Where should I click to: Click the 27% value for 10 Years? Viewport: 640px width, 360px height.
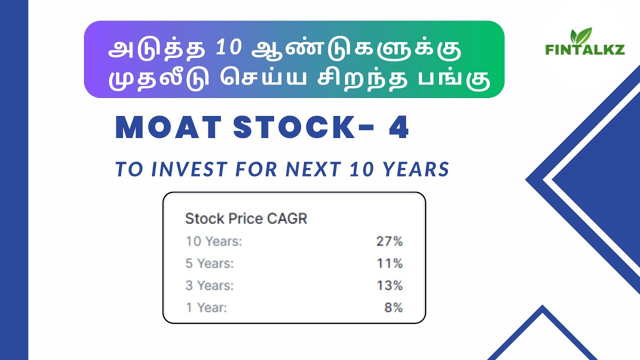[389, 241]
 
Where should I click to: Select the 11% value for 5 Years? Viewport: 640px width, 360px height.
[389, 263]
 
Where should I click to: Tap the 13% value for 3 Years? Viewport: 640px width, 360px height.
[389, 285]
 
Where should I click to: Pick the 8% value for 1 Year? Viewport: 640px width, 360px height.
[393, 307]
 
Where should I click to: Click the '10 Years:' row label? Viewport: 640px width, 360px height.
[214, 241]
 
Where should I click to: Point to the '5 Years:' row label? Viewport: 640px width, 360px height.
[210, 263]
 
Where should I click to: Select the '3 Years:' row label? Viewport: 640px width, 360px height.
[210, 285]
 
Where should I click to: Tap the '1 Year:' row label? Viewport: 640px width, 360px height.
[206, 307]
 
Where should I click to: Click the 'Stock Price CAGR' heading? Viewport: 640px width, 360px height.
[246, 219]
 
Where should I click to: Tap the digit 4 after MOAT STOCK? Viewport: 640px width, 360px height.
[398, 129]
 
